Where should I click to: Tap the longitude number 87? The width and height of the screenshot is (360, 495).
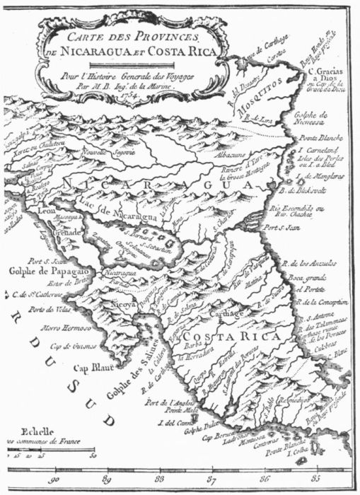(210, 482)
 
